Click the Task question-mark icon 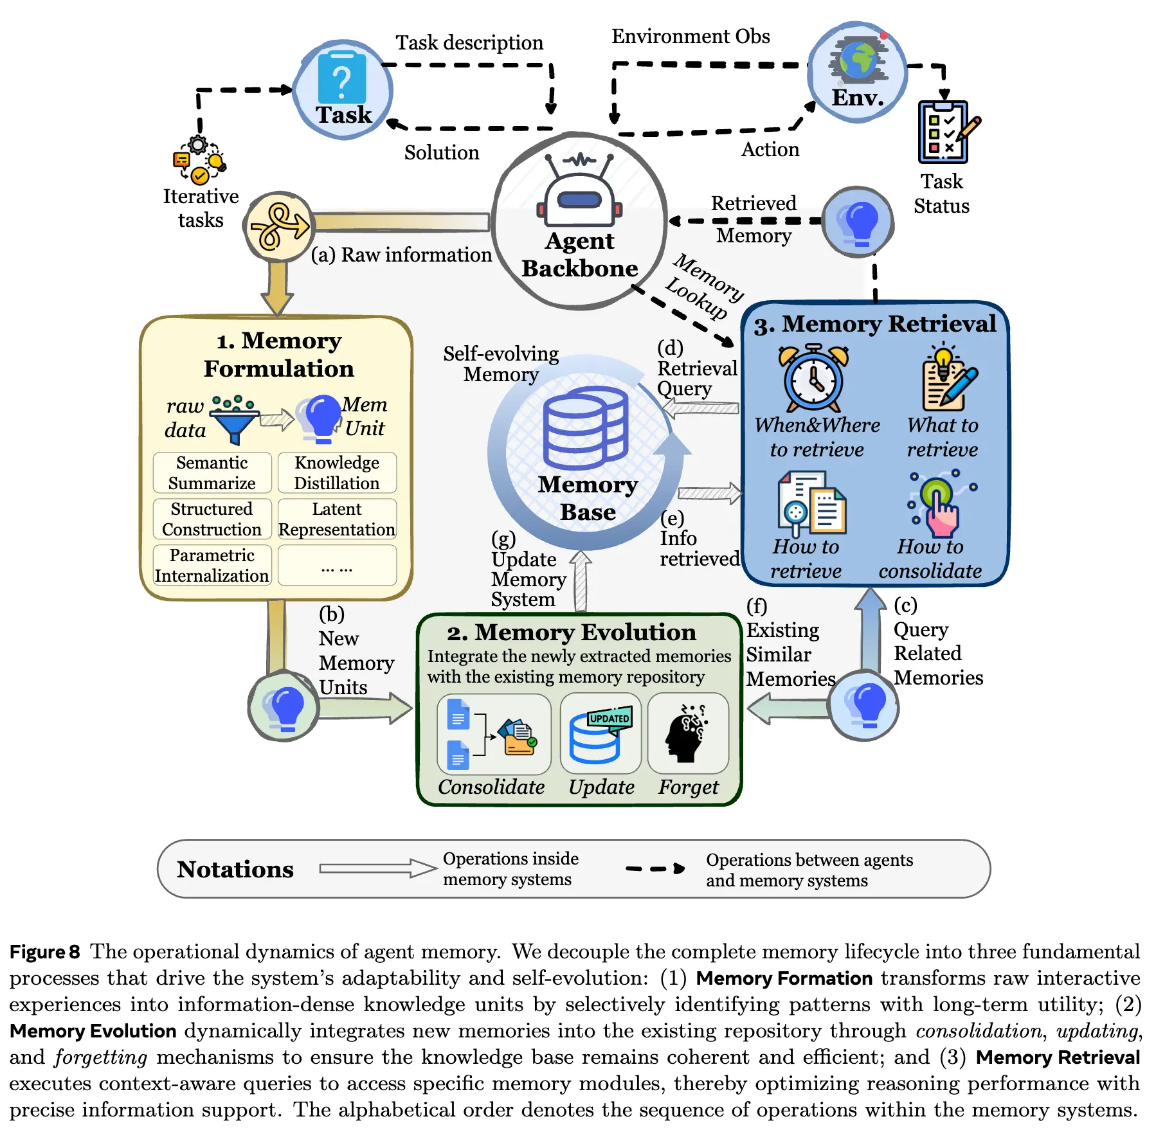(342, 78)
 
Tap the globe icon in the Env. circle (858, 58)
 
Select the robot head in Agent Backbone (580, 193)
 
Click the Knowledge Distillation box (337, 472)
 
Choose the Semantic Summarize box (212, 472)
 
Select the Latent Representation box (337, 519)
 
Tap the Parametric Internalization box (212, 565)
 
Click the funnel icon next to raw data (234, 420)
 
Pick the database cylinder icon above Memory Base (584, 427)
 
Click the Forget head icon (687, 733)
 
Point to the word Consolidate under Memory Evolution (491, 787)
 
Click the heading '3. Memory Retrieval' (875, 324)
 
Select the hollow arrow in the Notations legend (377, 868)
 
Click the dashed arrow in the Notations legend (655, 868)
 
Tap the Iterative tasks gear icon (199, 160)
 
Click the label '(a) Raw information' (401, 255)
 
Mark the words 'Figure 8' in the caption (44, 951)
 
